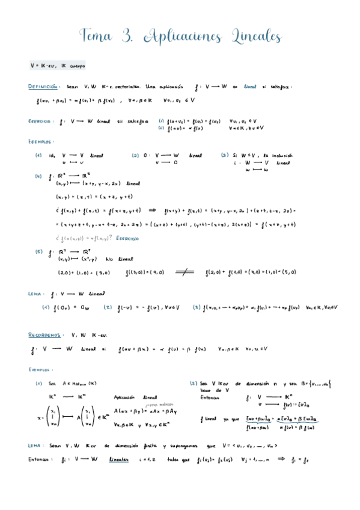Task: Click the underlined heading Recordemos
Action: pyautogui.click(x=46, y=334)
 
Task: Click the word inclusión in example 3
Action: pyautogui.click(x=279, y=155)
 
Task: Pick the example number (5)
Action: pyautogui.click(x=38, y=251)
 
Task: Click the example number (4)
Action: pyautogui.click(x=38, y=177)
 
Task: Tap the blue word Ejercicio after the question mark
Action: pyautogui.click(x=127, y=238)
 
